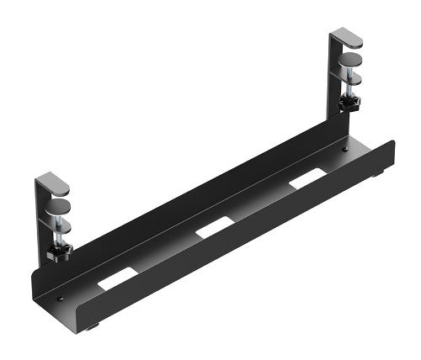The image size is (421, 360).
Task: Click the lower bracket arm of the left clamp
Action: tap(56, 222)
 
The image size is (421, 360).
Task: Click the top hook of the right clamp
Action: tap(346, 37)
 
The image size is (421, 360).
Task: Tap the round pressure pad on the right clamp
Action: tap(349, 61)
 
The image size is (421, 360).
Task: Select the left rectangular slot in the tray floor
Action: tap(115, 279)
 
